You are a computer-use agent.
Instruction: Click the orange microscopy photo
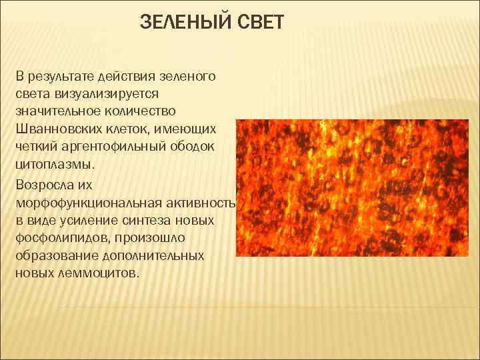357,189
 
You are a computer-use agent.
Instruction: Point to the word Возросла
46,182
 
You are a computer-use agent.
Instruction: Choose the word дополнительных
151,255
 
